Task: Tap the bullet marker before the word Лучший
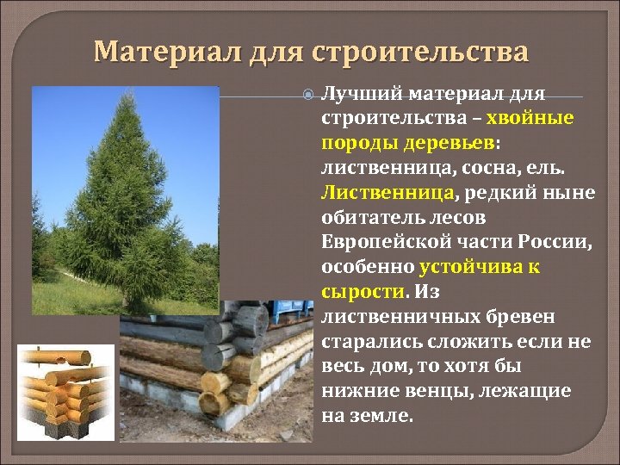[x=311, y=93]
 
